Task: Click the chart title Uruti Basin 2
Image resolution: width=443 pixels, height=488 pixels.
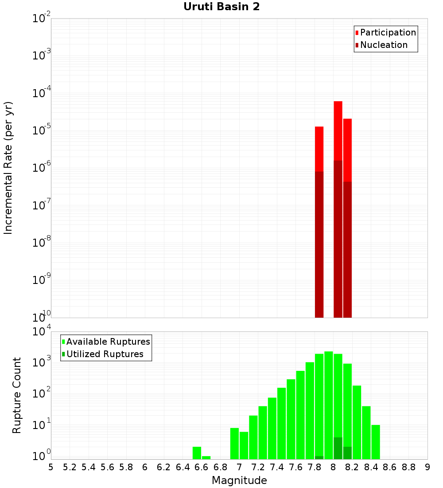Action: [x=221, y=7]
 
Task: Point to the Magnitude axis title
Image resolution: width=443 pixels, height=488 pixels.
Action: [x=239, y=480]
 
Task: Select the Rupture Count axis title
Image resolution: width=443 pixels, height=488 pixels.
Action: [x=17, y=395]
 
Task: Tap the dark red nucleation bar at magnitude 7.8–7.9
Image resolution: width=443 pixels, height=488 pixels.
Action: [x=319, y=244]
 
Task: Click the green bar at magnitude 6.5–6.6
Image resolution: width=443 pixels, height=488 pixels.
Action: [x=197, y=453]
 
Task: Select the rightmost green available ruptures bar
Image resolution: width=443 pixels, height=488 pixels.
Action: [x=376, y=442]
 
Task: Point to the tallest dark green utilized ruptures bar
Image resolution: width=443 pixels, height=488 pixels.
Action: [x=338, y=448]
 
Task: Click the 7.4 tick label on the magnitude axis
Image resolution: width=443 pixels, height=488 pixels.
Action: [x=277, y=467]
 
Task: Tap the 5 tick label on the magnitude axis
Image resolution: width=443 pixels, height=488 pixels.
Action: [x=51, y=467]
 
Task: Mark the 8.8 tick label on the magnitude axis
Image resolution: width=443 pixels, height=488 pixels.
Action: [x=408, y=467]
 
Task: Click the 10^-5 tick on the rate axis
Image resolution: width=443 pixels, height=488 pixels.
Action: [x=41, y=130]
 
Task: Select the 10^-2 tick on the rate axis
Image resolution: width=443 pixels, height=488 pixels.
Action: [x=41, y=19]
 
